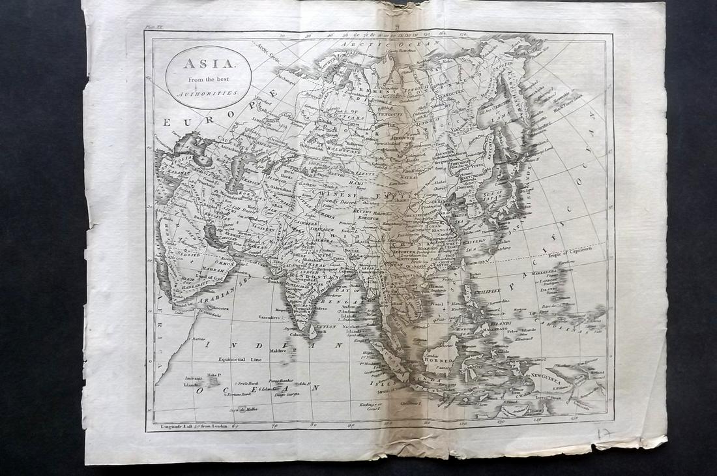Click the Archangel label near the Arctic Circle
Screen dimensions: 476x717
point(286,82)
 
